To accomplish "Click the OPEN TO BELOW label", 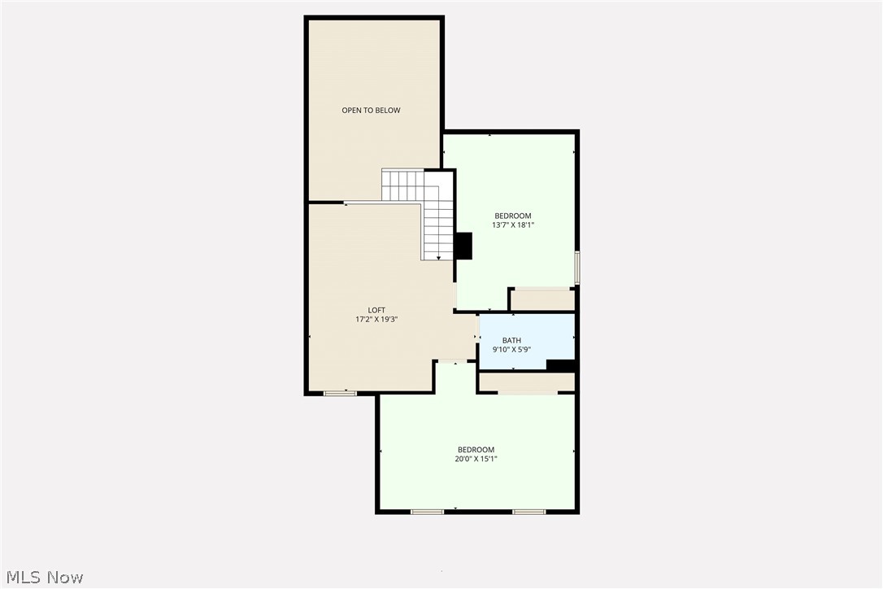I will point(371,111).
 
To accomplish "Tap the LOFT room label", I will point(376,310).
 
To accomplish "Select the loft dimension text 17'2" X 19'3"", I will point(376,320).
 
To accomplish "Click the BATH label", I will point(511,341).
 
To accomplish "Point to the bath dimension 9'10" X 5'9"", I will point(511,350).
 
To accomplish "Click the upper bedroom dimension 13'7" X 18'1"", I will point(513,225).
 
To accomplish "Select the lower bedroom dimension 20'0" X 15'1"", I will point(476,459).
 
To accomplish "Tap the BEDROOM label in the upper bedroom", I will point(513,216).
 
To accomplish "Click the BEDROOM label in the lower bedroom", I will point(476,450).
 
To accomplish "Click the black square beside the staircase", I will point(463,246).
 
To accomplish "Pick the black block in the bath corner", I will point(560,365).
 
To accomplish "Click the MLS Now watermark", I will point(42,578).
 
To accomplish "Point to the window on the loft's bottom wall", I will point(340,394).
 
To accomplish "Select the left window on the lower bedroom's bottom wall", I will point(427,512).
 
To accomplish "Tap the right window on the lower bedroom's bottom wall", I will point(528,512).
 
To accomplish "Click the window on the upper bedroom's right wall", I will point(577,266).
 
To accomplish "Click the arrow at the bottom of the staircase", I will point(439,257).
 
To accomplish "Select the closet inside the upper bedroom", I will point(542,299).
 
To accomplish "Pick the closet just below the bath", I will point(526,382).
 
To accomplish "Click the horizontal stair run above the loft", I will point(403,185).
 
